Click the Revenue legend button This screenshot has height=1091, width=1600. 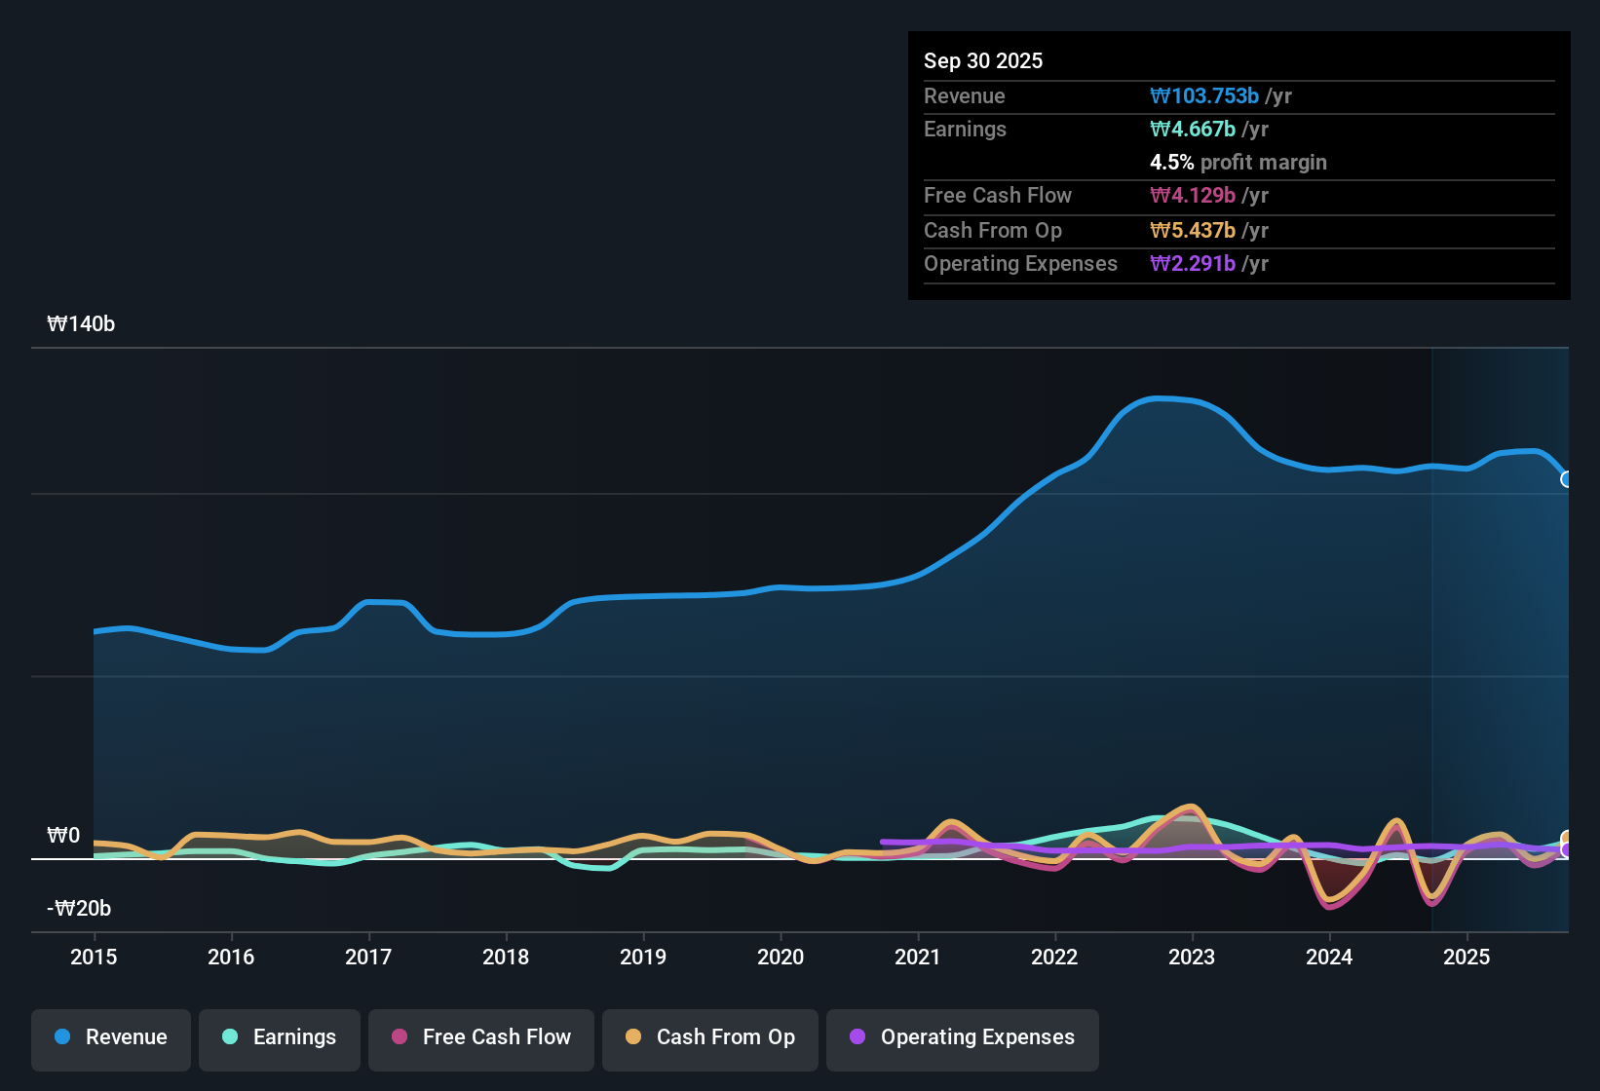(111, 1037)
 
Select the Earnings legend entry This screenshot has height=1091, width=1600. (280, 1037)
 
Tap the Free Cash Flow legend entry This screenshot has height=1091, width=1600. (481, 1037)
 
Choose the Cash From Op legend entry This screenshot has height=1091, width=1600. (710, 1037)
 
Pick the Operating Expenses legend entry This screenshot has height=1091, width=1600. (963, 1037)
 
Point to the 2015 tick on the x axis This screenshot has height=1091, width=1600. (94, 957)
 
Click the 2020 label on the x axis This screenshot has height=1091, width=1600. (781, 957)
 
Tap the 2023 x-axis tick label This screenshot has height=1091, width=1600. (1192, 957)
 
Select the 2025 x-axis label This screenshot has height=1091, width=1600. (1467, 957)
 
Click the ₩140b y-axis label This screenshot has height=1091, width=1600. (81, 324)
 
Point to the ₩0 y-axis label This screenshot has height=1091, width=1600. (63, 836)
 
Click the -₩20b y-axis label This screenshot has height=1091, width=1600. (79, 909)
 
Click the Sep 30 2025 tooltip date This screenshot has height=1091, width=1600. (983, 60)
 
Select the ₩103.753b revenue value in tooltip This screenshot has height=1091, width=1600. (1204, 95)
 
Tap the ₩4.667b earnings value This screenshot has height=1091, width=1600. (1193, 129)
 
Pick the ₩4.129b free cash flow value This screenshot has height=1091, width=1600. (1193, 195)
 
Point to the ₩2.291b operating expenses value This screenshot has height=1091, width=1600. (1193, 263)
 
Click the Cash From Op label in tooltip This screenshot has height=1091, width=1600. (993, 230)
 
